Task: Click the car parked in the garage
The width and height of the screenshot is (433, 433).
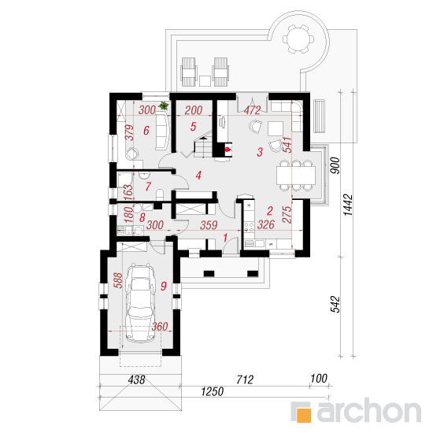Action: tap(140, 302)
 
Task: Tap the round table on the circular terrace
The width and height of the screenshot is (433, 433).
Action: tap(298, 39)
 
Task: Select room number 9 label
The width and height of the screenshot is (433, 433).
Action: tap(164, 286)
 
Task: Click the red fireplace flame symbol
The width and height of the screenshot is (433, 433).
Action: tap(228, 150)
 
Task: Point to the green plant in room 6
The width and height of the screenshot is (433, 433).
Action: tap(164, 105)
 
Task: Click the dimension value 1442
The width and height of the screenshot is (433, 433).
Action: tap(348, 205)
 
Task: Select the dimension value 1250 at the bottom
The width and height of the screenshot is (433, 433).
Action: tap(212, 391)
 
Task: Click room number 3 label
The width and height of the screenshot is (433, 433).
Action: tap(260, 152)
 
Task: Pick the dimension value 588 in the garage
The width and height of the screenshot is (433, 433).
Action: tap(118, 280)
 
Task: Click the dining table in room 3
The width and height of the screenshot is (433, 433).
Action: tap(296, 176)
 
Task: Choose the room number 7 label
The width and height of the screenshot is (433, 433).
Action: tap(148, 187)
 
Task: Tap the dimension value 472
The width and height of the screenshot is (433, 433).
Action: tap(252, 110)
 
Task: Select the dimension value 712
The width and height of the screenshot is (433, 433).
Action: tap(245, 379)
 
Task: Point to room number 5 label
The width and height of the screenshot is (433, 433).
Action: tap(193, 127)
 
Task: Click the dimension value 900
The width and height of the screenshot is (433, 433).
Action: tap(335, 165)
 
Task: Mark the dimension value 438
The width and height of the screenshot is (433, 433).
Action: tap(136, 379)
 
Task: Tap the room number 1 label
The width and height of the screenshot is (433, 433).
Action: tap(225, 237)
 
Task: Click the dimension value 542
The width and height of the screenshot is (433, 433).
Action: tap(335, 305)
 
